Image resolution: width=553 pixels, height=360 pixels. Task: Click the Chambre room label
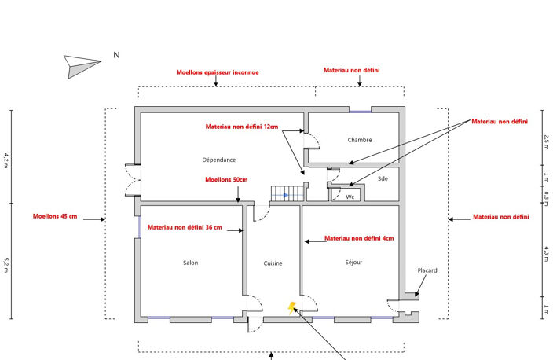360,140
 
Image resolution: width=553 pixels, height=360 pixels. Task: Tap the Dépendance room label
218,160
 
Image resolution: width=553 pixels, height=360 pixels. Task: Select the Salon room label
190,263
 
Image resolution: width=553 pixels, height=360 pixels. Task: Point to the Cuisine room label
273,263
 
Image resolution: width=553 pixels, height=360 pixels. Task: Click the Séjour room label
353,263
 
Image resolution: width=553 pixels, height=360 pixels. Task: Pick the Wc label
350,197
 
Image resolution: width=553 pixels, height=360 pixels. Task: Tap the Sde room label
383,178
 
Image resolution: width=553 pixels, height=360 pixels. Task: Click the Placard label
427,270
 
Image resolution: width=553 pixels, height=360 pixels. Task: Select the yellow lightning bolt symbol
291,308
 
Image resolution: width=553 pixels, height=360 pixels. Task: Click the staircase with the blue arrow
287,194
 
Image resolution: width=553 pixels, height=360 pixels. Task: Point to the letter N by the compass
116,55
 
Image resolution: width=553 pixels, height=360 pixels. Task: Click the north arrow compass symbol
82,66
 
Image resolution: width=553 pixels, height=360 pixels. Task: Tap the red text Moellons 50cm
226,180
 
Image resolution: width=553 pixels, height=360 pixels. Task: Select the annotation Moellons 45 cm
55,216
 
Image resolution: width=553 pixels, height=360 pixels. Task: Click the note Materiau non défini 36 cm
185,227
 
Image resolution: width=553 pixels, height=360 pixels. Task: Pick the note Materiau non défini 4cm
359,238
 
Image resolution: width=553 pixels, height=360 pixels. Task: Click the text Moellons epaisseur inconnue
218,72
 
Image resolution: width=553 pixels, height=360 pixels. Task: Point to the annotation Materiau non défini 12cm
242,127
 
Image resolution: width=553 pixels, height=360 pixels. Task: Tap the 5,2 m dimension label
6,265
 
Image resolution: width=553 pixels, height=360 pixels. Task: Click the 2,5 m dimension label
546,141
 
